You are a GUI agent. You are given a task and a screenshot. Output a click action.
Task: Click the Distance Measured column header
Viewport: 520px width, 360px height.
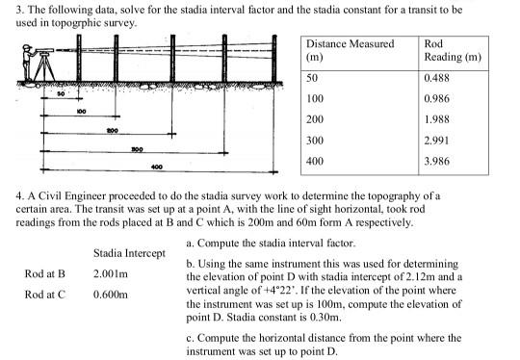pyautogui.click(x=350, y=44)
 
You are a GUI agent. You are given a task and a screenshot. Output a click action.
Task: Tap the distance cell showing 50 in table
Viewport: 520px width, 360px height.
pyautogui.click(x=312, y=77)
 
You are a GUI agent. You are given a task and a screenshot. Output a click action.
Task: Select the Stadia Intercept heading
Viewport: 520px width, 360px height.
pyautogui.click(x=126, y=253)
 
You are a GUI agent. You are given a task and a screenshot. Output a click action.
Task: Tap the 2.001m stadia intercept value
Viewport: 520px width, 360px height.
pyautogui.click(x=112, y=273)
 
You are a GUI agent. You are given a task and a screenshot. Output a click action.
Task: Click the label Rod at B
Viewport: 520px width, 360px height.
pyautogui.click(x=44, y=273)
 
